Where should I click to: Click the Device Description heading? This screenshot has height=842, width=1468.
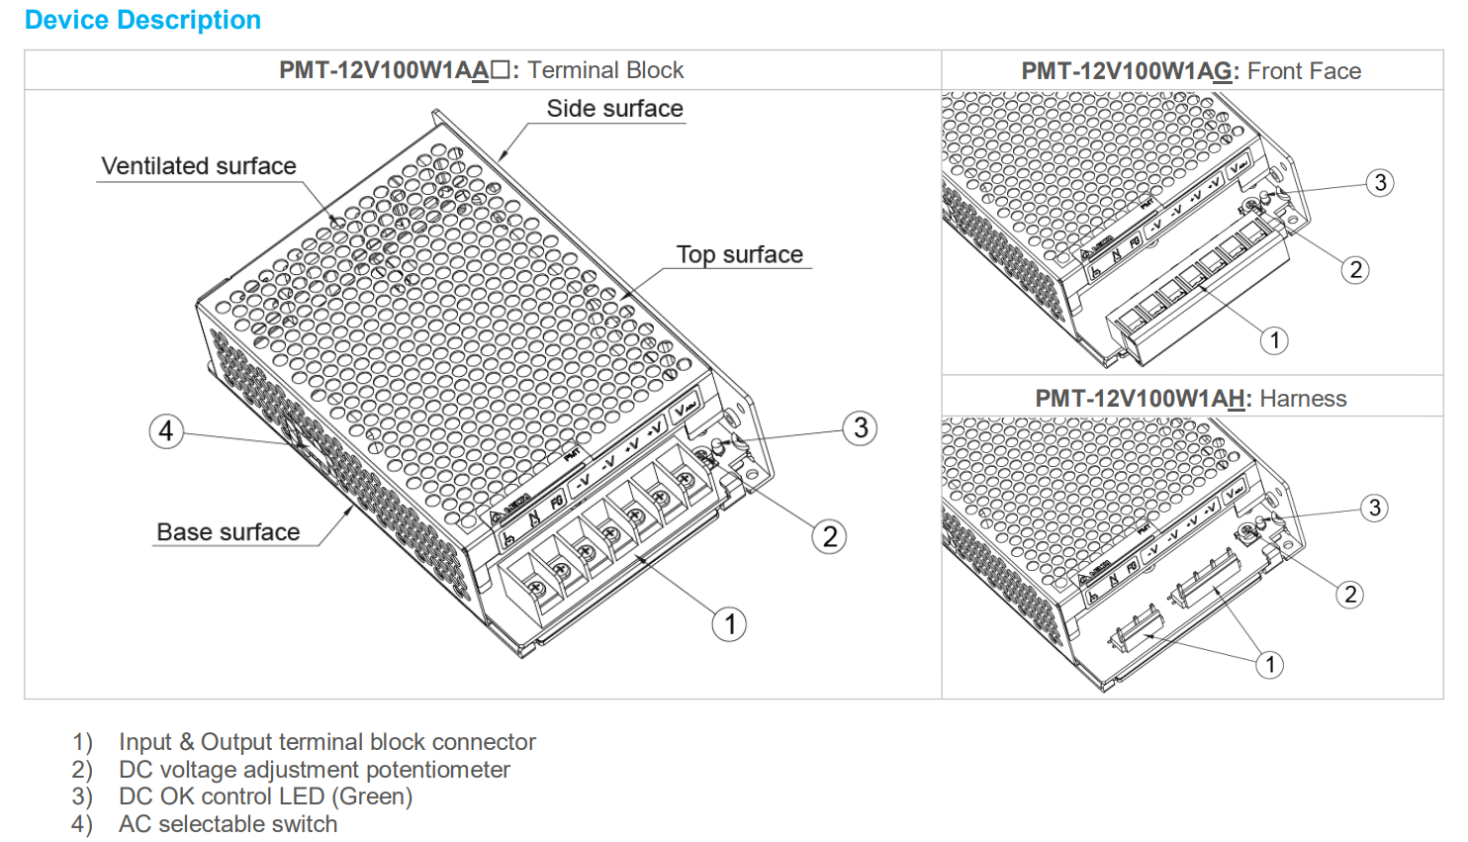(142, 20)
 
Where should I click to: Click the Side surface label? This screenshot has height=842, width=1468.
(614, 109)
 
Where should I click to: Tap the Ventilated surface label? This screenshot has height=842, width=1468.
(199, 166)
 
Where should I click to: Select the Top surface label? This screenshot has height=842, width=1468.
(739, 254)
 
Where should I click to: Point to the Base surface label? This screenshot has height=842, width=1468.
(228, 532)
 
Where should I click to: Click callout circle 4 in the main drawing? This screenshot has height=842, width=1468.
(166, 430)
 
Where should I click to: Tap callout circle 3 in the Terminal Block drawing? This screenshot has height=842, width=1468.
(861, 428)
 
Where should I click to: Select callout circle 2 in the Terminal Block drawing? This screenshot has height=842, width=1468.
(829, 537)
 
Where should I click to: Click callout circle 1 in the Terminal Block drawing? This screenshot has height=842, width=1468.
(730, 624)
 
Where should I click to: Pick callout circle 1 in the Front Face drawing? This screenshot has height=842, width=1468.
(1275, 340)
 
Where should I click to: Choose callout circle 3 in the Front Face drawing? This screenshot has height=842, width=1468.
(1380, 183)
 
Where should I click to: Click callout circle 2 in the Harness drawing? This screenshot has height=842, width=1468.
(1349, 595)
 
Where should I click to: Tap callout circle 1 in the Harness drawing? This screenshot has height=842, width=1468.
(1270, 664)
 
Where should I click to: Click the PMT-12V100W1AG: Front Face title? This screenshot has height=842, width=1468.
(1191, 71)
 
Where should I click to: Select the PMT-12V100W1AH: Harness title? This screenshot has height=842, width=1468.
(1191, 399)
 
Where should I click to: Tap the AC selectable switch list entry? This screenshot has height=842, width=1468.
(228, 824)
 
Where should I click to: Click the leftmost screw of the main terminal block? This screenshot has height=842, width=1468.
(537, 588)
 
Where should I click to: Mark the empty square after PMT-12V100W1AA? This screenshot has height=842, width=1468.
(501, 70)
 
